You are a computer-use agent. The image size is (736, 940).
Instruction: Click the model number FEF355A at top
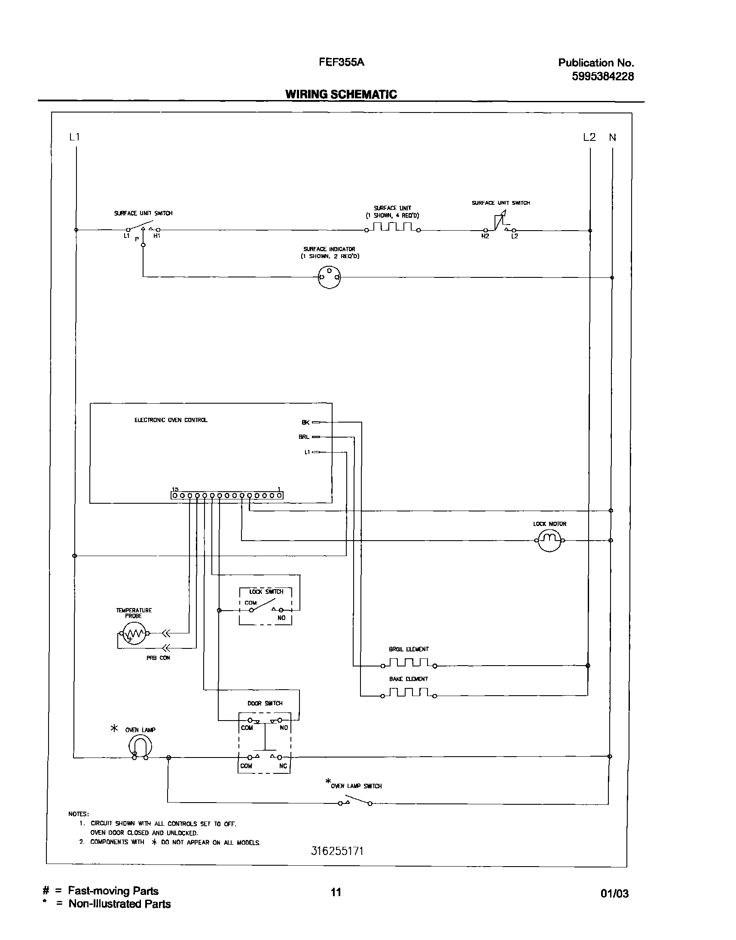click(x=341, y=62)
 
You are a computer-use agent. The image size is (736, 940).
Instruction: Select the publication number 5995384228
click(x=602, y=76)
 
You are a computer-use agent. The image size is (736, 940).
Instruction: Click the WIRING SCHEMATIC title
click(x=341, y=94)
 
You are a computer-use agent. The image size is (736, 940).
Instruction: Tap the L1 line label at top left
click(x=75, y=137)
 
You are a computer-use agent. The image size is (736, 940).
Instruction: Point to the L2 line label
click(x=589, y=137)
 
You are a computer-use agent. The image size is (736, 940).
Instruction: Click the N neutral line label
click(x=612, y=137)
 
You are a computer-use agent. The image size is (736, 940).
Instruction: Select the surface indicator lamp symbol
click(x=329, y=277)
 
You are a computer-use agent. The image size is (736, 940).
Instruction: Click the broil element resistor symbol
click(x=409, y=663)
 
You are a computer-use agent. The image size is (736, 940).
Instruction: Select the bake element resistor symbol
click(x=409, y=693)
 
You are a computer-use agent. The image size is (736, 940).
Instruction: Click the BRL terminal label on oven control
click(x=304, y=437)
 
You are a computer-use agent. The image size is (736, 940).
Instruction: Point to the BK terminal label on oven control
click(x=305, y=423)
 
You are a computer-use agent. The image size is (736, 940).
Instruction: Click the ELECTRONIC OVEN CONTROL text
click(x=171, y=420)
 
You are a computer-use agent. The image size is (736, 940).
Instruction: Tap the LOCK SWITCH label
click(x=266, y=592)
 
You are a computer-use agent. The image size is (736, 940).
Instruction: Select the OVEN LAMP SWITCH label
click(x=356, y=786)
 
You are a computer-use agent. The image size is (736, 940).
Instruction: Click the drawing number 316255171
click(x=337, y=851)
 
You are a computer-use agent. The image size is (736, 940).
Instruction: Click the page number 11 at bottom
click(x=336, y=892)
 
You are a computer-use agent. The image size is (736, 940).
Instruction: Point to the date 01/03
click(x=614, y=894)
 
